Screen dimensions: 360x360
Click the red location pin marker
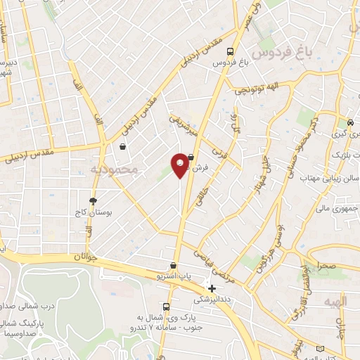[180, 165]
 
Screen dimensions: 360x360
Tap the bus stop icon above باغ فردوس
[230, 51]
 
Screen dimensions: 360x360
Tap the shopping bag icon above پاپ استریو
[173, 266]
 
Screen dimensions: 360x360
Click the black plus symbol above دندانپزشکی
[212, 288]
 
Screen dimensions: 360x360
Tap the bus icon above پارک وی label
[167, 307]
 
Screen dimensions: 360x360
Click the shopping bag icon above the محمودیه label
[123, 147]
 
